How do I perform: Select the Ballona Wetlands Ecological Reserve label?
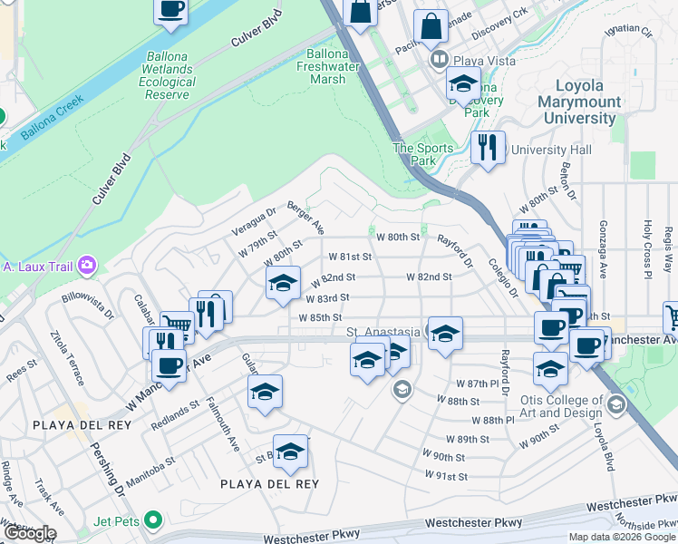[168, 74]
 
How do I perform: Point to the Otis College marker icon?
[617, 403]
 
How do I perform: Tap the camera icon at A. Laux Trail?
[87, 266]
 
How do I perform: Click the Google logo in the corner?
[29, 533]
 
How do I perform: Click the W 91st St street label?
[445, 475]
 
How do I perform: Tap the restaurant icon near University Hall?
[488, 146]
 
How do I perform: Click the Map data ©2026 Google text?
[621, 537]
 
